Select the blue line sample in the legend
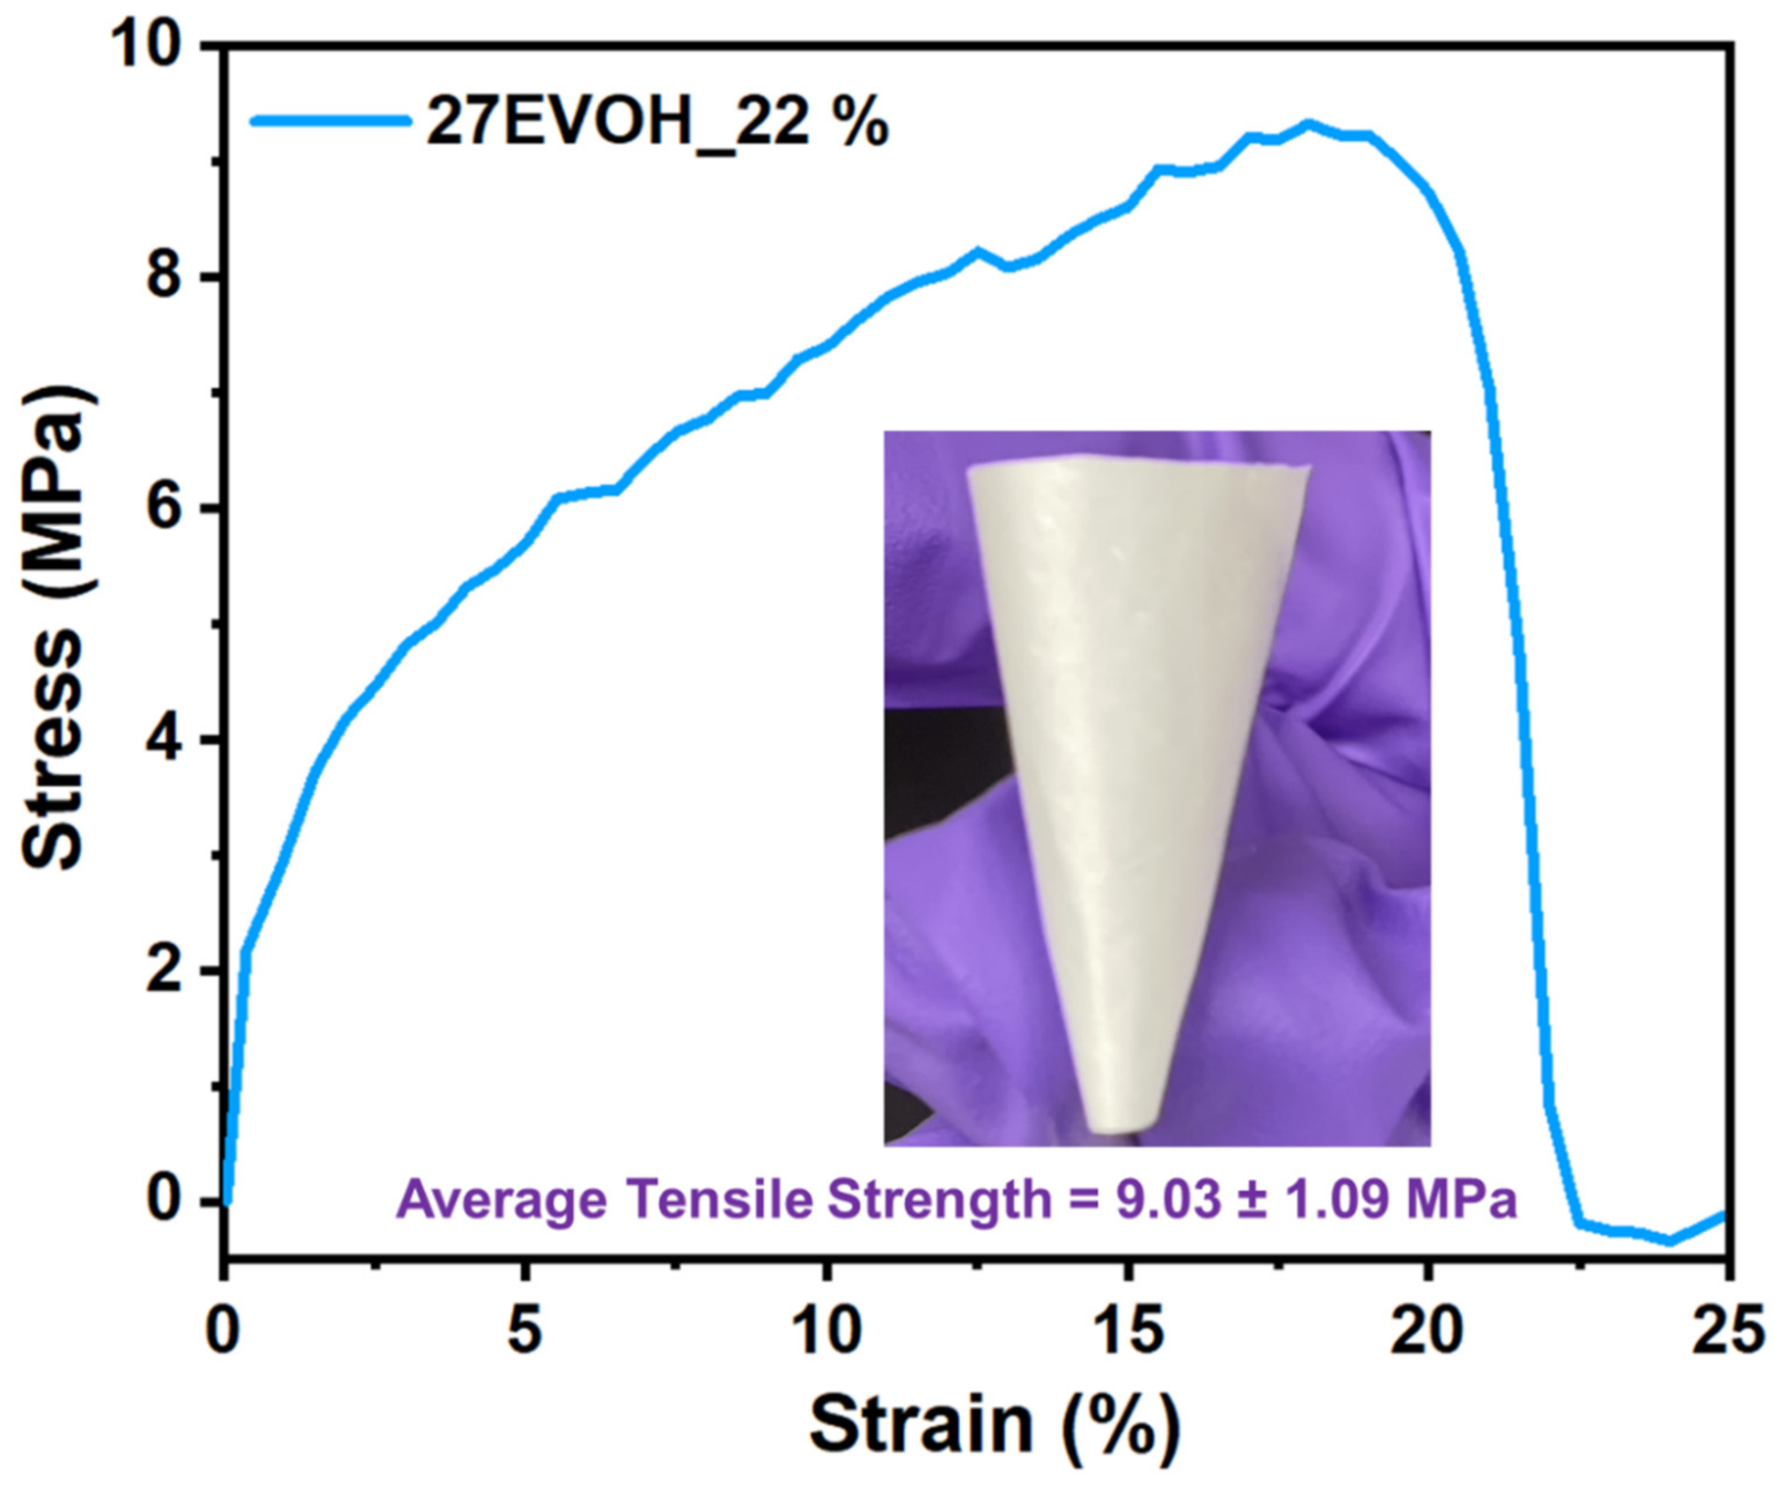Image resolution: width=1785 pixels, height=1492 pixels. [x=332, y=122]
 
